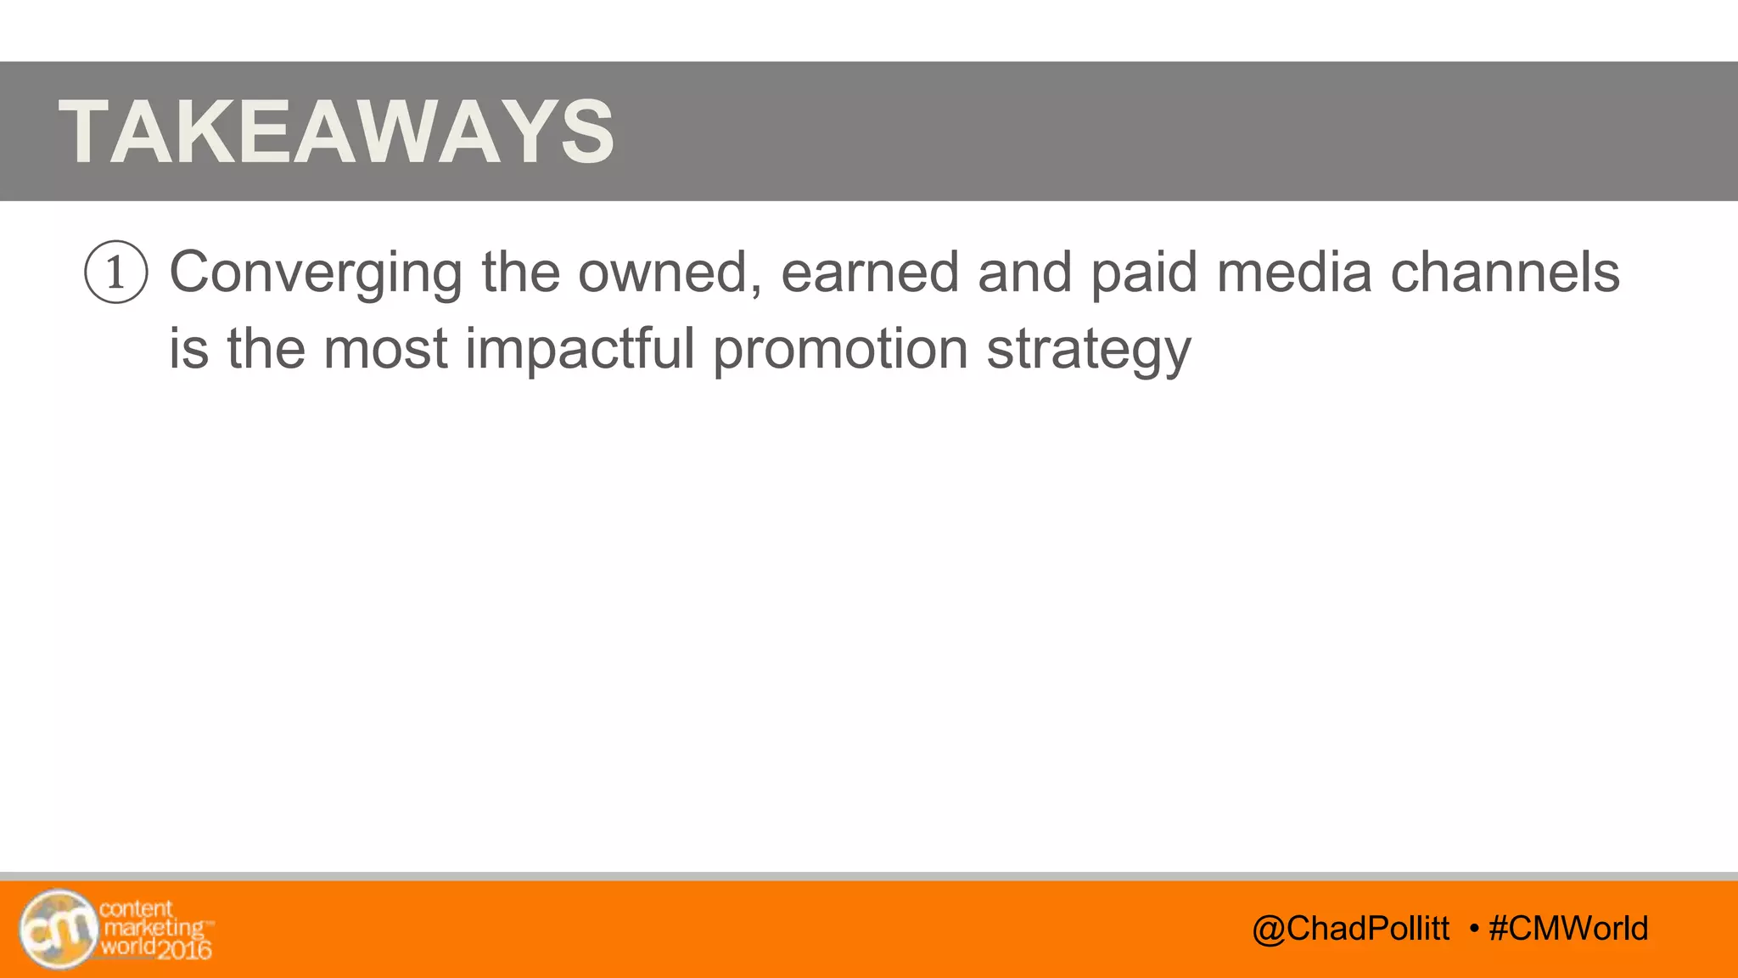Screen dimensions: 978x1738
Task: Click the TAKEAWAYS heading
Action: pyautogui.click(x=336, y=132)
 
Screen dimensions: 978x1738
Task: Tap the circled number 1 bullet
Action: pyautogui.click(x=116, y=273)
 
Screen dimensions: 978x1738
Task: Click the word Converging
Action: pyautogui.click(x=316, y=273)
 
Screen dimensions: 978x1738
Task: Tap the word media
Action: pyautogui.click(x=1293, y=273)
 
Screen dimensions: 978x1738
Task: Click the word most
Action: pyautogui.click(x=385, y=349)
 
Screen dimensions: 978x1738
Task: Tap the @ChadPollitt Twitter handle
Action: pyautogui.click(x=1350, y=928)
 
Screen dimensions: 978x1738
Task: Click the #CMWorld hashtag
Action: pyautogui.click(x=1568, y=928)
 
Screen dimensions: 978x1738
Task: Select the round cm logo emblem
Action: pyautogui.click(x=58, y=930)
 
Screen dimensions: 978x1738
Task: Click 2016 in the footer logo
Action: pyautogui.click(x=184, y=949)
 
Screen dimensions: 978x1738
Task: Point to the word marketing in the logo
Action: pyautogui.click(x=154, y=928)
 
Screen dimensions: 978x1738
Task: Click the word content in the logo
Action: pyautogui.click(x=136, y=908)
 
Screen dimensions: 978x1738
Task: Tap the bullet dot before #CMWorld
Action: pyautogui.click(x=1474, y=929)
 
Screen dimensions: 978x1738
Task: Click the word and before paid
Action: pyautogui.click(x=1024, y=273)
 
